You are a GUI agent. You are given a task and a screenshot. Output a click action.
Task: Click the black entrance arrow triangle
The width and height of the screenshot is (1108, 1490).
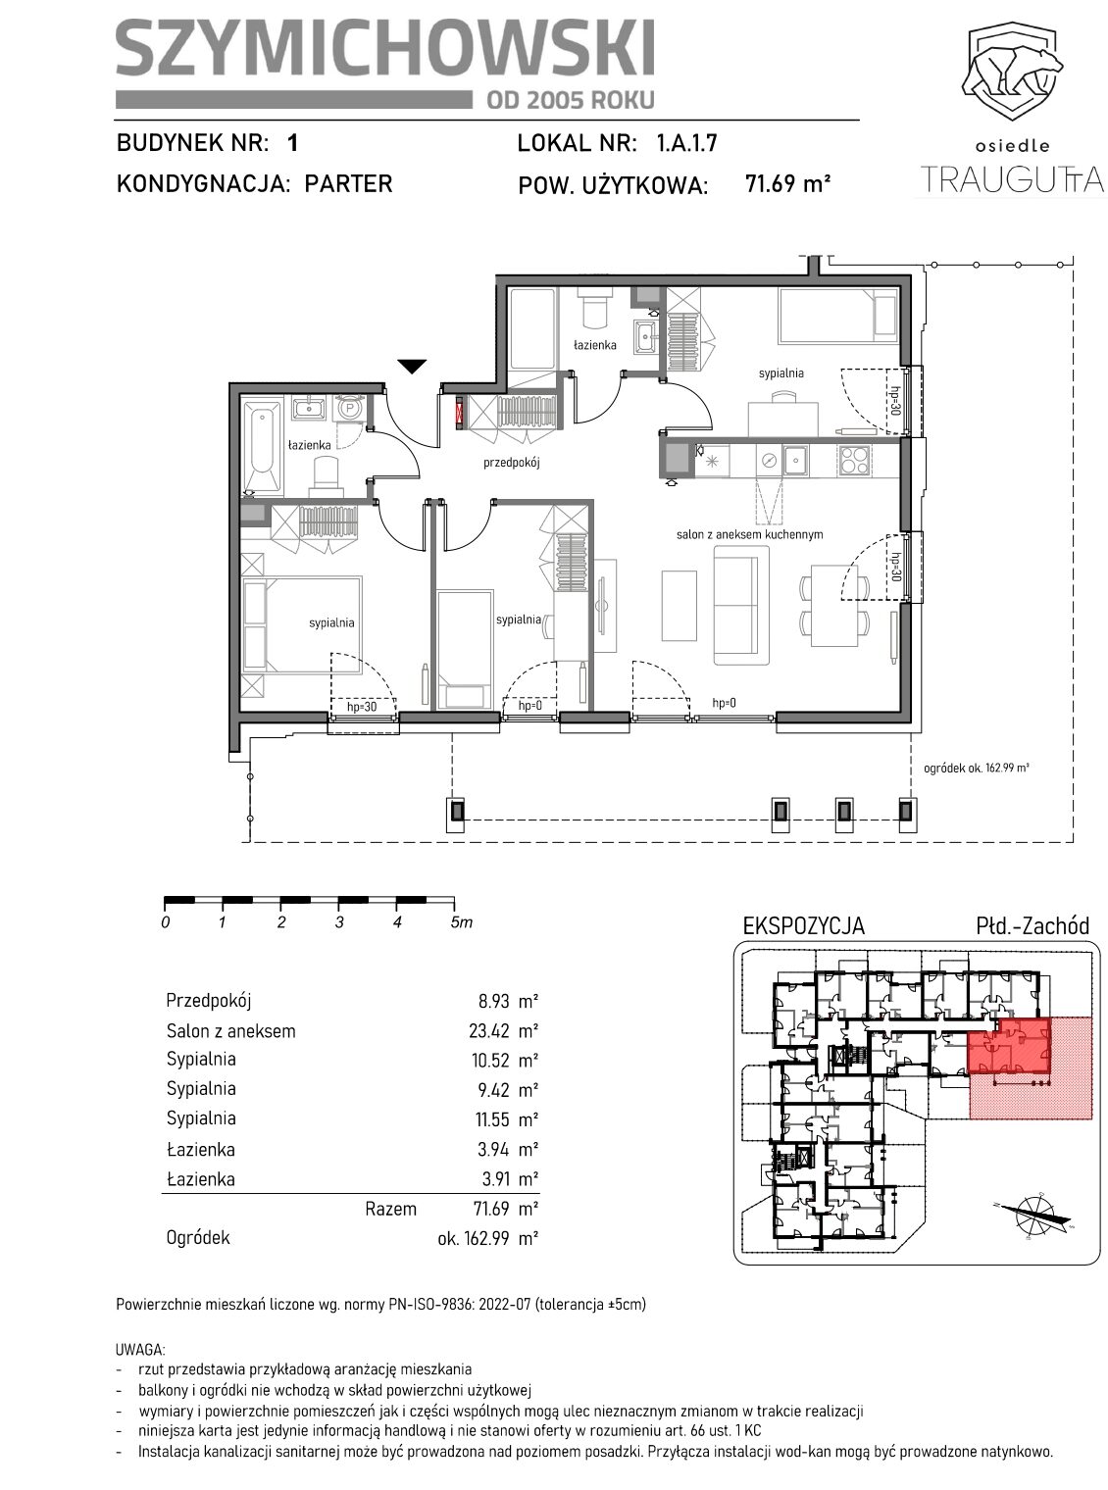412,366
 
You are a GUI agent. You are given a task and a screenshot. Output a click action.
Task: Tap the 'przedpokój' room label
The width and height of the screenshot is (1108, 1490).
511,462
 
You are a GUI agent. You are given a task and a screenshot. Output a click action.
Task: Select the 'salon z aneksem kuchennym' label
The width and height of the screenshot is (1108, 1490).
749,535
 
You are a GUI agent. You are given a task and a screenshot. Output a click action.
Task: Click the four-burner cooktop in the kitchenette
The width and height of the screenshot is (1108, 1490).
854,460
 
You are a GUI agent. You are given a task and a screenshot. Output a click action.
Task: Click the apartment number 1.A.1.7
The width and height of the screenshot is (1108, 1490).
686,142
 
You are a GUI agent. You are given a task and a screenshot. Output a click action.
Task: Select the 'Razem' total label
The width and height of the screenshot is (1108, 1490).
390,1210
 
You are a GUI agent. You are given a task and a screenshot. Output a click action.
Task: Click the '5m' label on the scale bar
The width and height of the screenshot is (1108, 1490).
462,922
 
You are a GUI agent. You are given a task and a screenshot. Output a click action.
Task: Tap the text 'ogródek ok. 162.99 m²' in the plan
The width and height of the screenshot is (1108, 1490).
977,768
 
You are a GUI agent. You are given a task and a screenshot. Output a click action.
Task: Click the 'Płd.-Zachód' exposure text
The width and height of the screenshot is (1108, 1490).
1032,926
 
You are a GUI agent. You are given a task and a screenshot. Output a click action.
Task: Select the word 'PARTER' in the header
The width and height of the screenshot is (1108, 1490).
348,183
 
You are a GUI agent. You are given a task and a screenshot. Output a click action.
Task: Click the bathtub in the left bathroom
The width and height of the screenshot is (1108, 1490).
263,447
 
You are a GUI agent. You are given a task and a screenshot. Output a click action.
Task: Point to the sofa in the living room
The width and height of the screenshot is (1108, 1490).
740,605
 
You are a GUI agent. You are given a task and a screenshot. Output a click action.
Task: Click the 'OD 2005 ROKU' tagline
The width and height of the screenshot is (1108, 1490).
571,100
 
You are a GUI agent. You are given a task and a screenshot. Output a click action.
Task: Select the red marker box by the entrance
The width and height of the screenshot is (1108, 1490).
460,413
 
